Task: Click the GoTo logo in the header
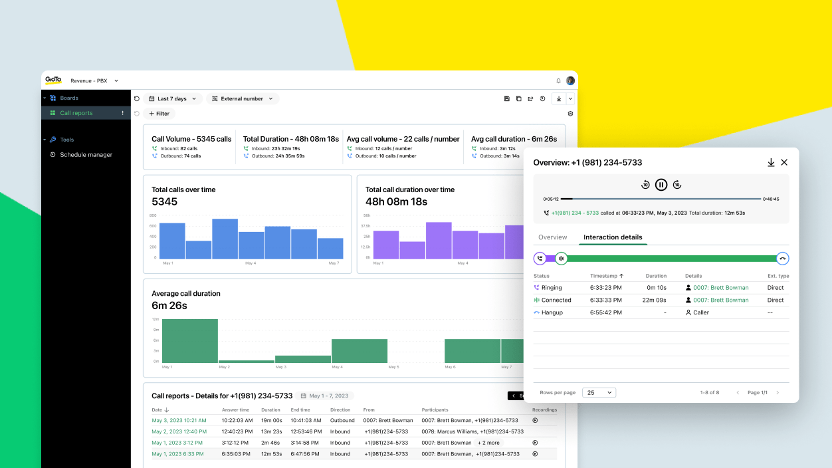tap(53, 80)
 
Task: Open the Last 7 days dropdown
tap(173, 99)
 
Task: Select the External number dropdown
tap(243, 99)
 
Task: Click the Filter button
tap(159, 114)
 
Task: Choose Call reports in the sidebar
tap(76, 113)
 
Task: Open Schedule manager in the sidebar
tap(86, 155)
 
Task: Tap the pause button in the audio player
tap(661, 185)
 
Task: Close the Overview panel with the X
tap(784, 162)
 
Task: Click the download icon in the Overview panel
tap(771, 162)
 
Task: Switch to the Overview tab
tap(552, 237)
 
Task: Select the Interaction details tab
tap(613, 237)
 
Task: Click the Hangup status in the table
tap(552, 312)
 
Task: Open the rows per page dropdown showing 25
tap(599, 393)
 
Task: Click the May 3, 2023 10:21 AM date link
tap(179, 420)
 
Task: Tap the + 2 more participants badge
tap(488, 443)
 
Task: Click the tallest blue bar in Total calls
tap(225, 239)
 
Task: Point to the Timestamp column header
tap(607, 276)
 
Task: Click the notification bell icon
tap(558, 81)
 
